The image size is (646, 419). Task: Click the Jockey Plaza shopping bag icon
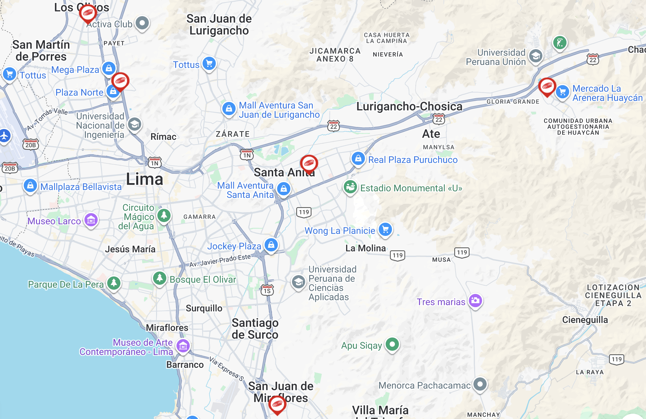click(x=271, y=245)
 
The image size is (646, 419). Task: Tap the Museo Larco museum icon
click(x=91, y=220)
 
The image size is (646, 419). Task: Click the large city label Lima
click(x=145, y=179)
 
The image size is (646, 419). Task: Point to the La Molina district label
click(x=365, y=248)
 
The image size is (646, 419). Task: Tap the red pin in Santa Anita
click(x=309, y=163)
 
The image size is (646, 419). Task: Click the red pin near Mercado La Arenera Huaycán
click(x=547, y=86)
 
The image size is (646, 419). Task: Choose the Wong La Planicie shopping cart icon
click(x=385, y=229)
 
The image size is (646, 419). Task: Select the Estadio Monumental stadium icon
click(x=350, y=187)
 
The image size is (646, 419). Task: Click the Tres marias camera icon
click(x=475, y=301)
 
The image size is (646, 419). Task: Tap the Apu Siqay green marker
click(x=392, y=344)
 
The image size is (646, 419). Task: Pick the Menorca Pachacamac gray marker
click(x=480, y=384)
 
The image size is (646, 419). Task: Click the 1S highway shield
click(x=267, y=291)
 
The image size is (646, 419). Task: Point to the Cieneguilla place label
click(x=585, y=320)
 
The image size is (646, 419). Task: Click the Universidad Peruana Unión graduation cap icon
click(x=536, y=56)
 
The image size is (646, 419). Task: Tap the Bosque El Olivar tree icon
click(x=160, y=278)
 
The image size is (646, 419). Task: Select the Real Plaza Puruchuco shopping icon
click(x=358, y=159)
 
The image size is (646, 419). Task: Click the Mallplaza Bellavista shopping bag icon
click(x=30, y=186)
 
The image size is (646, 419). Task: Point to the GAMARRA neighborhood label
click(x=199, y=217)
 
